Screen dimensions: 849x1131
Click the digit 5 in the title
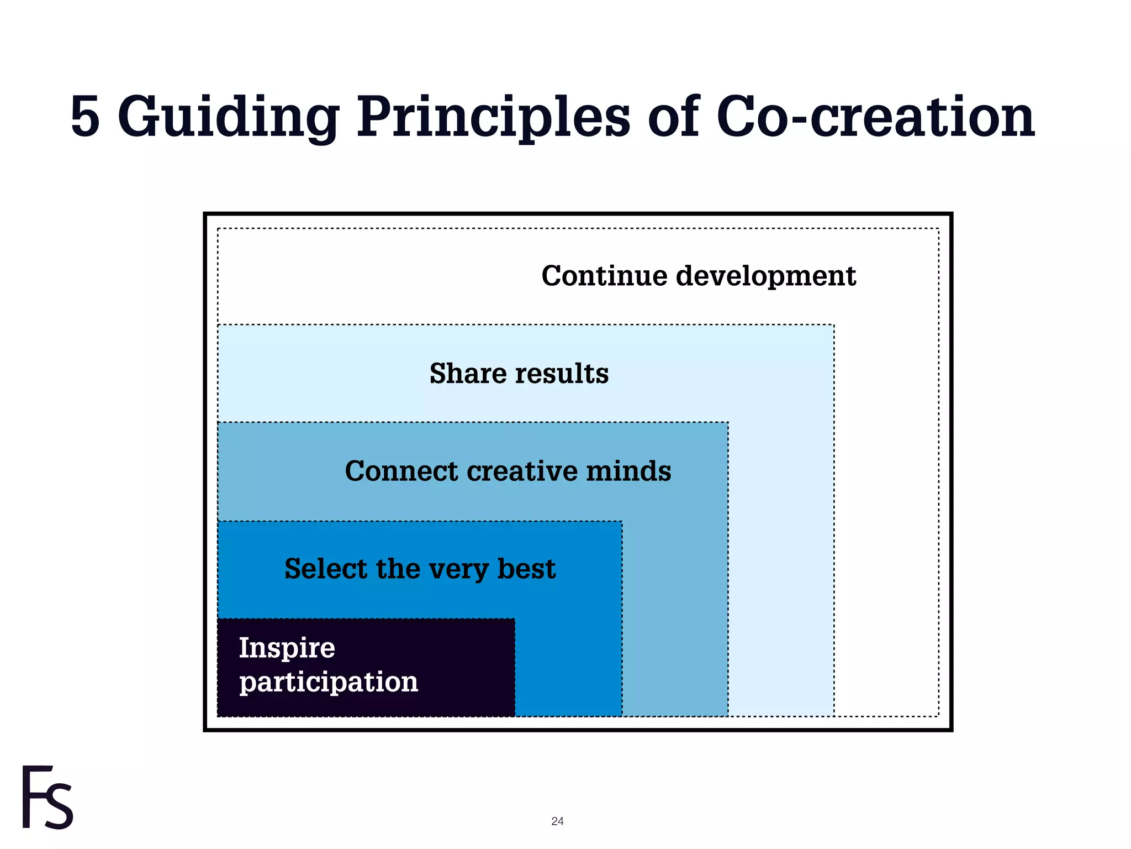tap(86, 117)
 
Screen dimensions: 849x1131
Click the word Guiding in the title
tap(228, 117)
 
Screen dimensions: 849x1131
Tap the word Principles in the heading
tap(493, 117)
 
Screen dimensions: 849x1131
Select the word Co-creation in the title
tap(875, 117)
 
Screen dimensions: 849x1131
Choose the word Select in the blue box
tap(326, 569)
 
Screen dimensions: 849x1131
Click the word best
tap(526, 569)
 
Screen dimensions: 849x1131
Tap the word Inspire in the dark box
tap(287, 648)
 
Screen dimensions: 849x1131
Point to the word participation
tap(329, 683)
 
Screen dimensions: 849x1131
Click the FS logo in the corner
tap(47, 797)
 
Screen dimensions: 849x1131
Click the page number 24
tap(557, 821)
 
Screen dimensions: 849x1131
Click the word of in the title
tap(673, 117)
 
